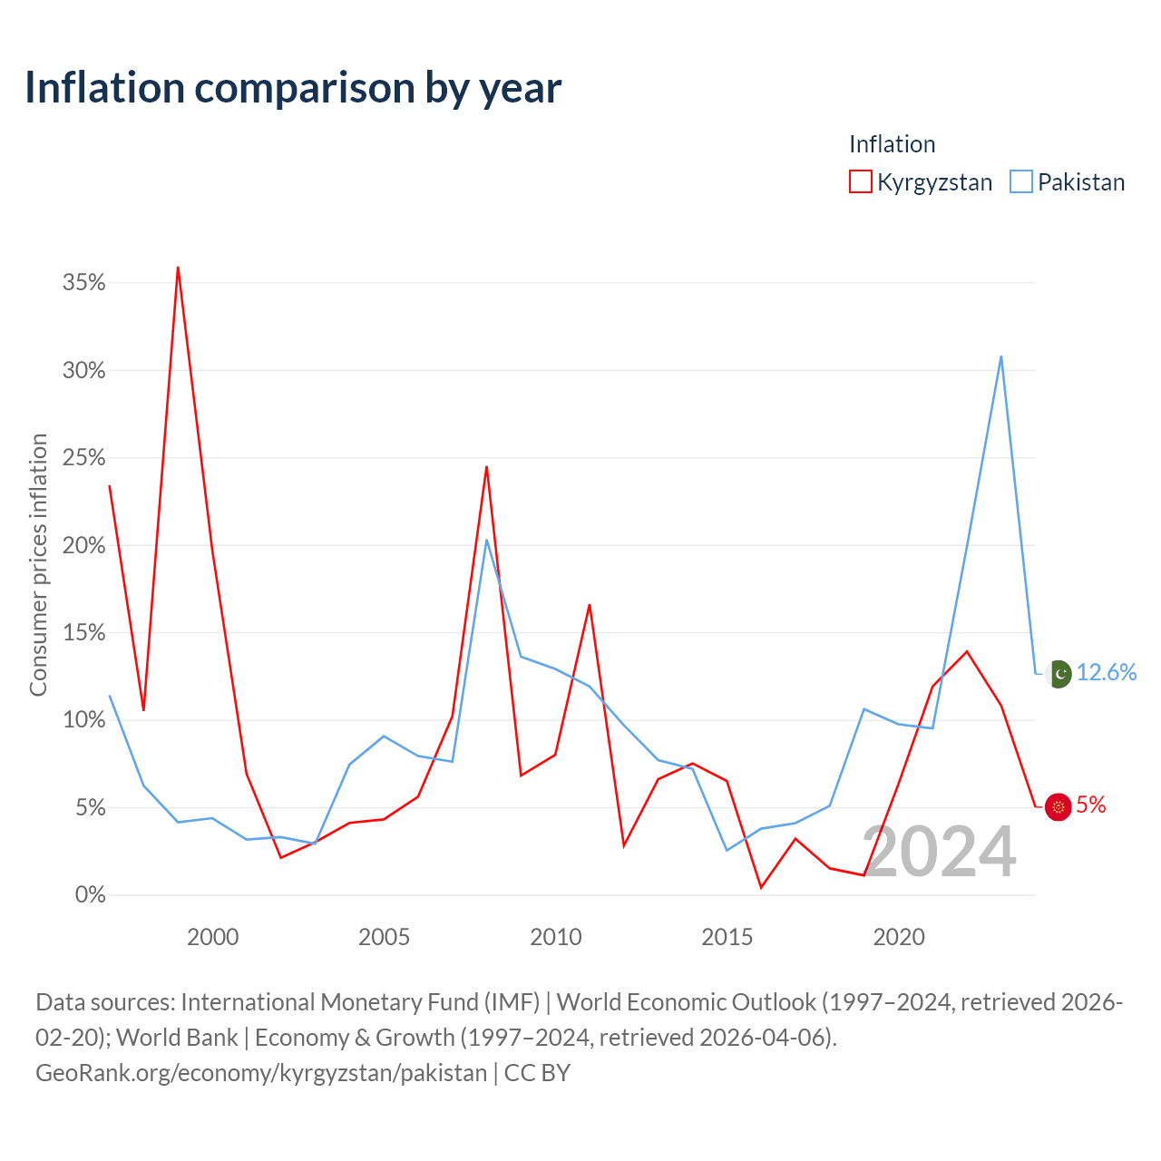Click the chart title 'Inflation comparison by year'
click(293, 88)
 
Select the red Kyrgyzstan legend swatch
click(860, 181)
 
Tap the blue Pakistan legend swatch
click(1020, 181)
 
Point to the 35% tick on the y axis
click(83, 282)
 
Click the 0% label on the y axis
click(91, 894)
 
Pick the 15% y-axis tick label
click(83, 632)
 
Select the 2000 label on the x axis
click(212, 937)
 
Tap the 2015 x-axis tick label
click(727, 937)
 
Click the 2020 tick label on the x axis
click(898, 937)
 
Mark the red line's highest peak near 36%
click(178, 267)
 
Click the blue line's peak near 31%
click(1000, 356)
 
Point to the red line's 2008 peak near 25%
click(486, 466)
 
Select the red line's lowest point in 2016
click(761, 887)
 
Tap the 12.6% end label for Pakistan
click(1107, 672)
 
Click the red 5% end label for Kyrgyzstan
click(1090, 805)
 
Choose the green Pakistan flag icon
click(1059, 674)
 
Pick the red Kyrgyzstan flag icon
click(1058, 806)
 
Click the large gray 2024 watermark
click(939, 852)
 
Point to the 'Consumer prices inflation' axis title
click(38, 565)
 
